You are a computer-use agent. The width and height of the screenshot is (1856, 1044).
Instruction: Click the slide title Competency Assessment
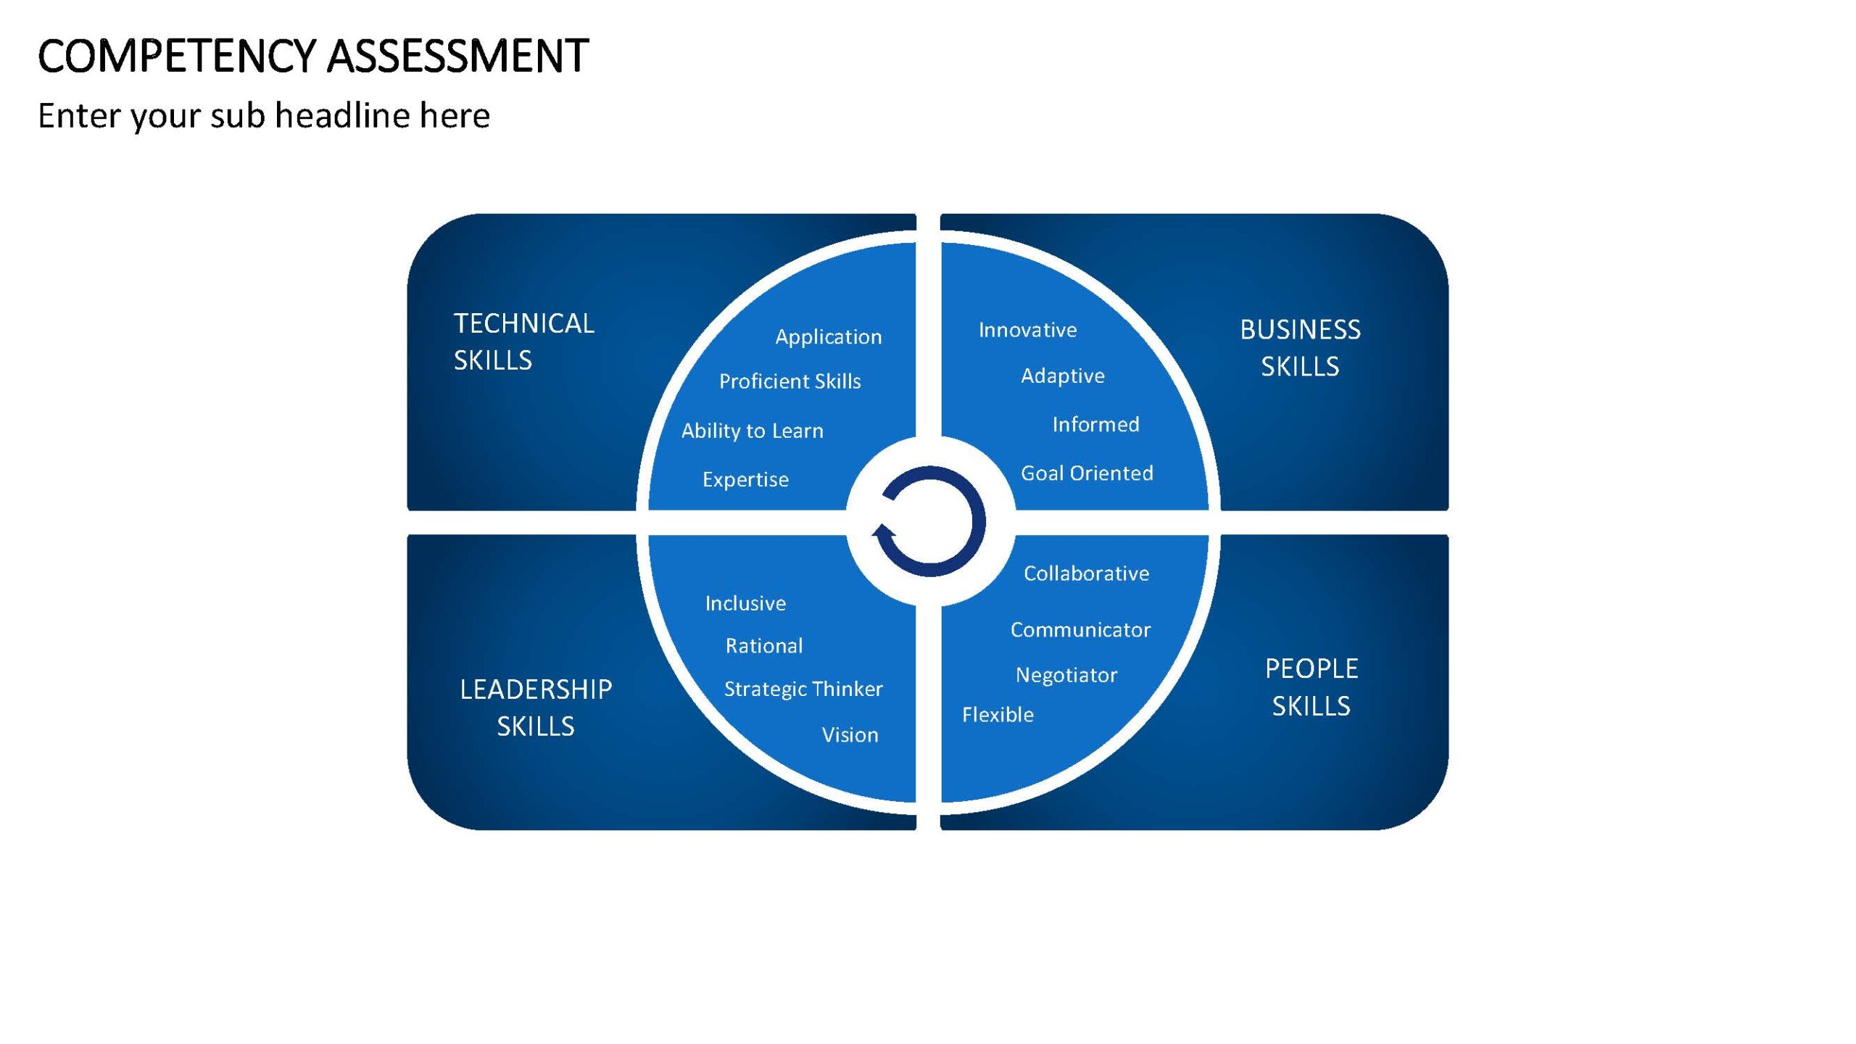(x=313, y=56)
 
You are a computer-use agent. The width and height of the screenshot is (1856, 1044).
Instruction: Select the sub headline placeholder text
(x=264, y=116)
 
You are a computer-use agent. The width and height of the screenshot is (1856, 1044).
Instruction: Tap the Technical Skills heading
(x=524, y=341)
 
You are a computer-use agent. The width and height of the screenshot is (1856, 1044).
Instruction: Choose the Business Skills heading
(x=1300, y=348)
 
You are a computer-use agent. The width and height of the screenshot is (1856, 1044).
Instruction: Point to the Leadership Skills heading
(x=536, y=708)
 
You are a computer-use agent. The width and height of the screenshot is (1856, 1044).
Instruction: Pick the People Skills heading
(x=1312, y=687)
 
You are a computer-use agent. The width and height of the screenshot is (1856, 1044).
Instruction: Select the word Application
(x=829, y=337)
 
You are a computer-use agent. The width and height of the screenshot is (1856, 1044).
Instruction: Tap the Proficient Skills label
(x=790, y=381)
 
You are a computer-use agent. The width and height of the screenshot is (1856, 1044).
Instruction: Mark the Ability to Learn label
(x=753, y=431)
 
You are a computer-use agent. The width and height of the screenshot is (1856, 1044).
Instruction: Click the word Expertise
(x=745, y=480)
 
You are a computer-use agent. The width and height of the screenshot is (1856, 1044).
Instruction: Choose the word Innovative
(x=1028, y=330)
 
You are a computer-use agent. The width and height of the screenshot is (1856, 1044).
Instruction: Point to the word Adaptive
(x=1063, y=376)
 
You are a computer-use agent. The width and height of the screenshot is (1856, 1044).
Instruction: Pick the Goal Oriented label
(x=1087, y=473)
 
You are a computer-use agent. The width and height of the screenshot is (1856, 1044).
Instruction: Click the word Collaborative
(x=1087, y=573)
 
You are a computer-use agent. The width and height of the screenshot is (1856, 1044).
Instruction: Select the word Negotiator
(x=1066, y=676)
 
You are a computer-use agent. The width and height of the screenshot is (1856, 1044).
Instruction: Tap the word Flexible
(x=998, y=715)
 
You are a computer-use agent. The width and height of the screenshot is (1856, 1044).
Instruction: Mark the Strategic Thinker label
(x=803, y=689)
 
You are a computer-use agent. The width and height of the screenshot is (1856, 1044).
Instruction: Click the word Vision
(x=850, y=735)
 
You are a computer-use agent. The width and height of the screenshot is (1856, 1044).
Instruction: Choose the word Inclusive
(x=745, y=603)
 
